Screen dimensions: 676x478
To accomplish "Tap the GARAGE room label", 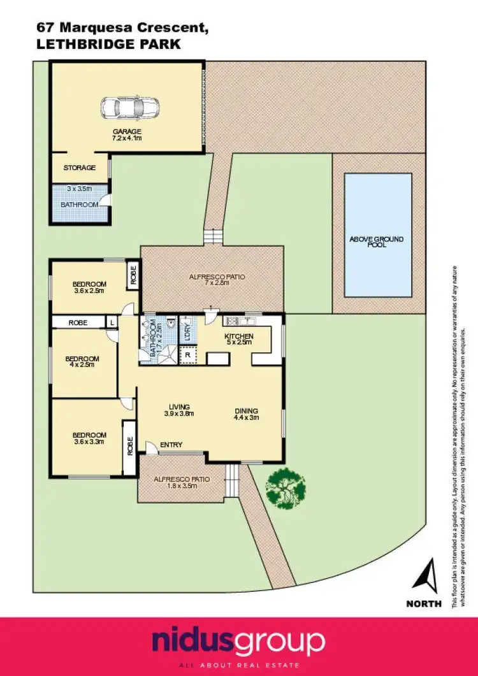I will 127,132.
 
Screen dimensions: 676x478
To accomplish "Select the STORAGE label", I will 79,168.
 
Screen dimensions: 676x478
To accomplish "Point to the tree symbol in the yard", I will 286,488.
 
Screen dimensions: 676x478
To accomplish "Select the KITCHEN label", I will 239,336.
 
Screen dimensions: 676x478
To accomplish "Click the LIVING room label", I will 180,406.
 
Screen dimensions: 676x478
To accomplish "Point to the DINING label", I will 245,411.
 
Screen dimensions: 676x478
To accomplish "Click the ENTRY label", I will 171,445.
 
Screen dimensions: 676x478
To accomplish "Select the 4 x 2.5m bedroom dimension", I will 82,365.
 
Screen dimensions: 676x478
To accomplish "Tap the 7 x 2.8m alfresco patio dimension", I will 212,285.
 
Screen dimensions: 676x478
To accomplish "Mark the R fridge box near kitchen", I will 187,354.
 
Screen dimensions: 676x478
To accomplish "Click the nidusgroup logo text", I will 238,640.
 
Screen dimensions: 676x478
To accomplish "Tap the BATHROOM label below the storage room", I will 79,205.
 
